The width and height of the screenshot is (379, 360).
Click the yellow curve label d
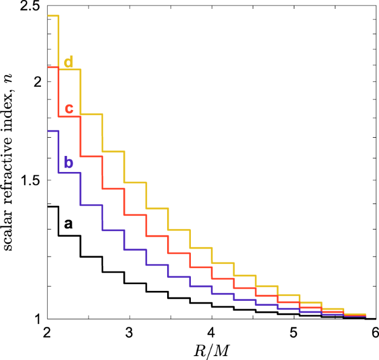tap(68, 61)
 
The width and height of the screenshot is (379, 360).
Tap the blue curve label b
tap(69, 162)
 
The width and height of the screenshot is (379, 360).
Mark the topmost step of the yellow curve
tap(53, 15)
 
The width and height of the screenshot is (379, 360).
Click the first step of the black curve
tap(53, 206)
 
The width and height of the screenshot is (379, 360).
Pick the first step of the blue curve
tap(53, 131)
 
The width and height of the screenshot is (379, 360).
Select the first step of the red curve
tap(53, 67)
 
